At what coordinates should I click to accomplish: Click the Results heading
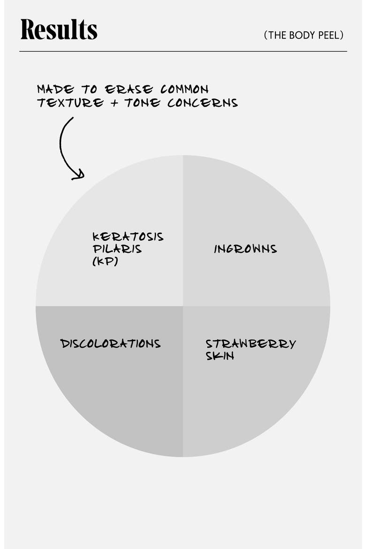pos(59,29)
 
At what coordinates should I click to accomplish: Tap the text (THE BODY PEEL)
pos(304,35)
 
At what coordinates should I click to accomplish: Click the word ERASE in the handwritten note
pos(129,89)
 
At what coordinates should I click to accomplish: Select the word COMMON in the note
pos(184,89)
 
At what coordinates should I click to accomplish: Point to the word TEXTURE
pos(70,103)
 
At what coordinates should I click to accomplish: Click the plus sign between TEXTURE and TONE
pos(114,103)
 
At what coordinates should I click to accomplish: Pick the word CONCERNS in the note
pos(202,103)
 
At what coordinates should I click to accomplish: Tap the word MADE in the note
pos(56,89)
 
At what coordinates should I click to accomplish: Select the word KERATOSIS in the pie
pos(128,236)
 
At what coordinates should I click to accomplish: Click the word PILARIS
pos(117,249)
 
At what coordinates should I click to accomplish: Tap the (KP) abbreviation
pos(105,261)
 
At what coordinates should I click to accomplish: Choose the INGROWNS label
pos(245,249)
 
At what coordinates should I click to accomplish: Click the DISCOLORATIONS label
pos(110,343)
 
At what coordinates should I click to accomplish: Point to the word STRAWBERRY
pos(251,343)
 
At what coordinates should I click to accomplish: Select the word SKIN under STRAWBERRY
pos(220,356)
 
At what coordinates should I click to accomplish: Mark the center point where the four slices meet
pos(183,306)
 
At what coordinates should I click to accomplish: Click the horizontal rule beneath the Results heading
pos(183,52)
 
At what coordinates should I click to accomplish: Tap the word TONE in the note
pos(142,103)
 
